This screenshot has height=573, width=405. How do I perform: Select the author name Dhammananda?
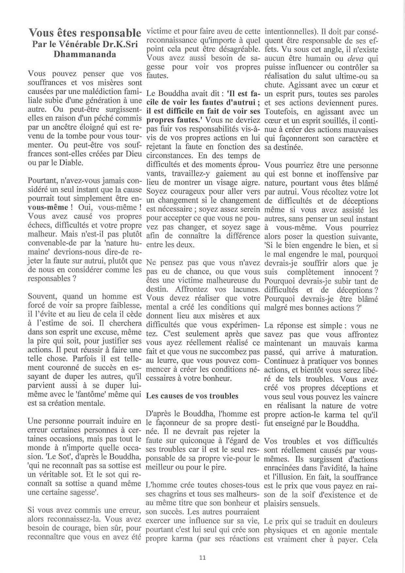(85, 54)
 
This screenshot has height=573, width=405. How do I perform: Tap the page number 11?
(202, 558)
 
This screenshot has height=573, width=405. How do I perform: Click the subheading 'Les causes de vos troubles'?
(192, 396)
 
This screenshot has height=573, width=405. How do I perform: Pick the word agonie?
(332, 530)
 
